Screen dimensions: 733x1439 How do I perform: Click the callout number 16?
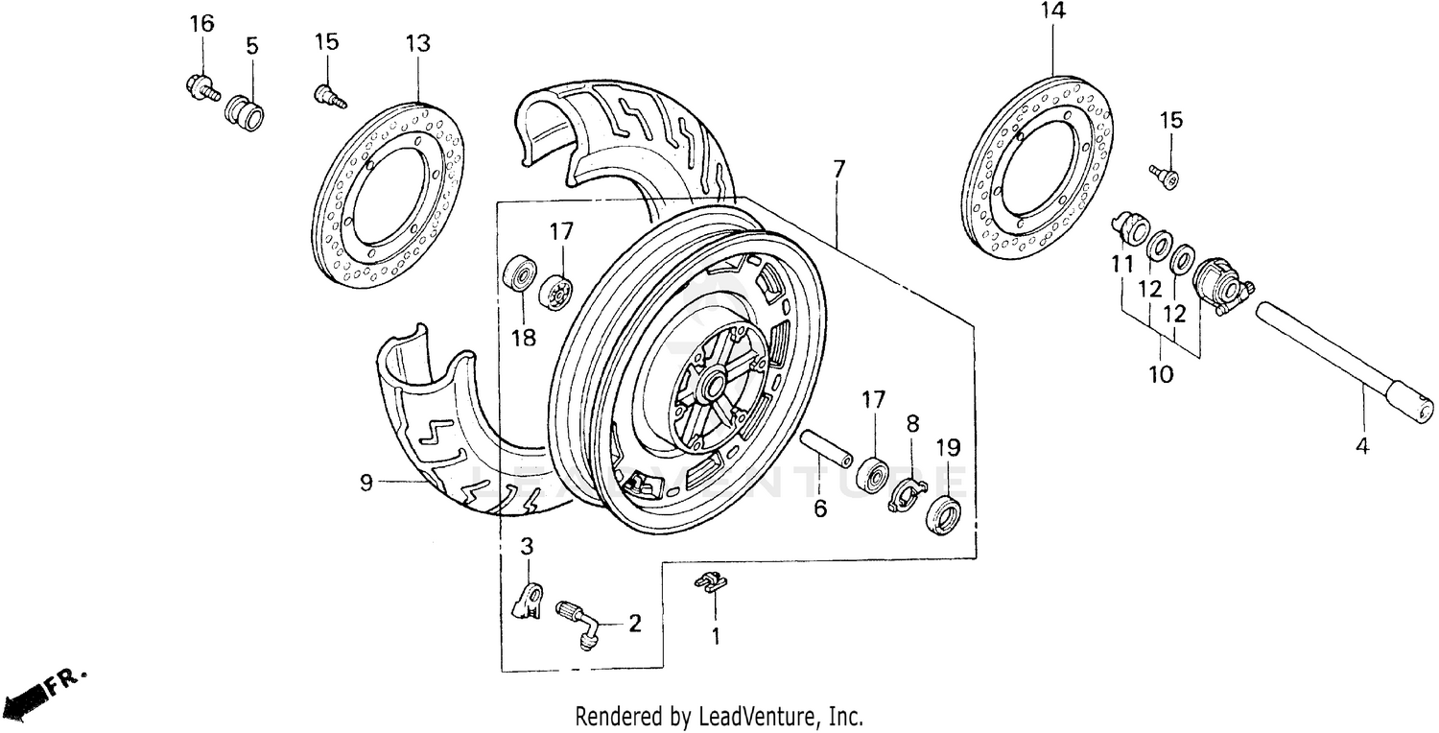click(x=201, y=24)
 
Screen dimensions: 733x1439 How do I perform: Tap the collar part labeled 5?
click(x=244, y=111)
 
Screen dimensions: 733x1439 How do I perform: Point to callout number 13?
click(x=417, y=44)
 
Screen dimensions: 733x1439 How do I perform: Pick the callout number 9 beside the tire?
click(x=366, y=483)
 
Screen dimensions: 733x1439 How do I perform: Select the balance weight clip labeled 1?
click(x=711, y=581)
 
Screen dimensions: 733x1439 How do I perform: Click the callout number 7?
click(x=838, y=170)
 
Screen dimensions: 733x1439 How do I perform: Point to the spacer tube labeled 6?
click(x=827, y=448)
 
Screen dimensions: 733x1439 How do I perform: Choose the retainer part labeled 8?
click(x=906, y=495)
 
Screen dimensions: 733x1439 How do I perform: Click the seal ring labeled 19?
click(x=944, y=512)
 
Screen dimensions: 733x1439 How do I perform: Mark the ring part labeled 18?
click(x=520, y=273)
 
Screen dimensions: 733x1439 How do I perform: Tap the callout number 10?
click(x=1161, y=374)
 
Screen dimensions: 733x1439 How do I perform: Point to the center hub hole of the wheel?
click(x=715, y=387)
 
